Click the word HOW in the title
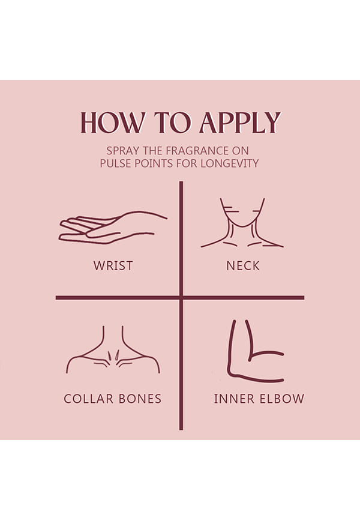[x=113, y=122]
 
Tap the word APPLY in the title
[x=239, y=122]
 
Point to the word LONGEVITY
[x=229, y=163]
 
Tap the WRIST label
[x=113, y=265]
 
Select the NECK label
[x=243, y=265]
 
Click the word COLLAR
[x=89, y=399]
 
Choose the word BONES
[x=140, y=399]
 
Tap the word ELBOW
[x=282, y=399]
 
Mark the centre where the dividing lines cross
[x=181, y=298]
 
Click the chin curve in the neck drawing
[x=242, y=226]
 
